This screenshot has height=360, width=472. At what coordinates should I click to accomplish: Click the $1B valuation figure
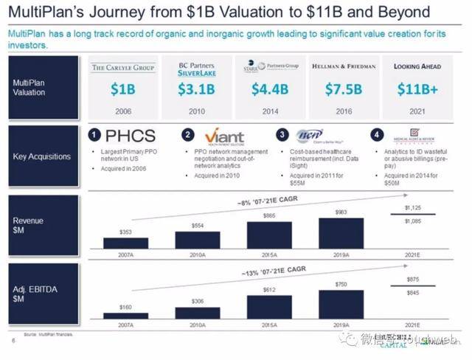(122, 90)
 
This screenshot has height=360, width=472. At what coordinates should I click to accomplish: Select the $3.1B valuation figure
(196, 90)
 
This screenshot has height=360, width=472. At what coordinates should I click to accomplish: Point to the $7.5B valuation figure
(344, 90)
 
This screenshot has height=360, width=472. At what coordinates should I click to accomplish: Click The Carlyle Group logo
(122, 68)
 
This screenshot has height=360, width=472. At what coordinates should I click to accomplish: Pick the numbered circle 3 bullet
(282, 135)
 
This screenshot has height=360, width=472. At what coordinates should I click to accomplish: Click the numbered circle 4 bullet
(377, 135)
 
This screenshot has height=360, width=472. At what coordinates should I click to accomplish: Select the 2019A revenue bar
(341, 233)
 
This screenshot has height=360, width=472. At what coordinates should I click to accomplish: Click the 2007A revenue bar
(125, 243)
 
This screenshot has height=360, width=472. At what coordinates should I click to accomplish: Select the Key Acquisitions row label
(42, 156)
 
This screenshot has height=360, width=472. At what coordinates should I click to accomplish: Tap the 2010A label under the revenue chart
(197, 255)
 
